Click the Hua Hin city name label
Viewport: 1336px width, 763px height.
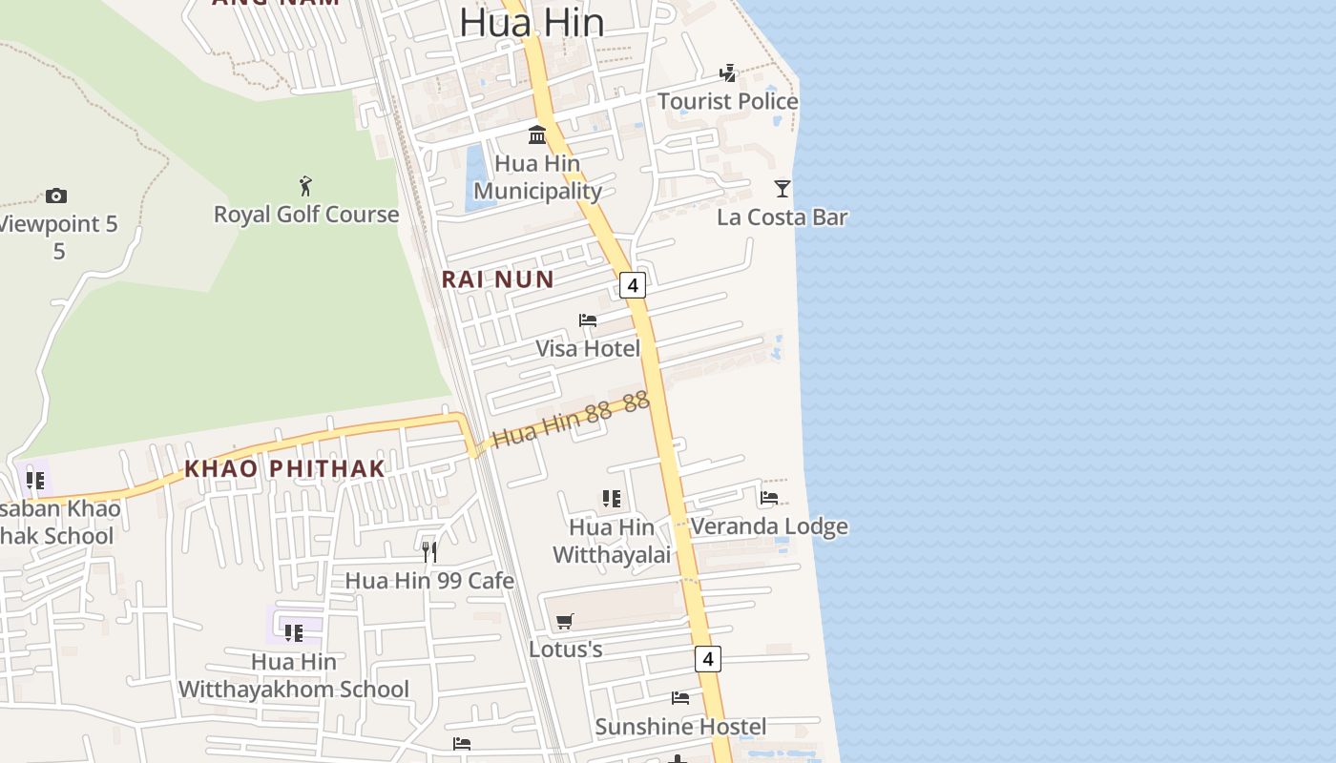pos(531,23)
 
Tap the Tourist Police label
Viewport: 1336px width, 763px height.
pos(727,101)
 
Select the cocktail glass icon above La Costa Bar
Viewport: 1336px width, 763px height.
pos(783,189)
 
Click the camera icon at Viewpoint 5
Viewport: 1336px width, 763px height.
pos(56,196)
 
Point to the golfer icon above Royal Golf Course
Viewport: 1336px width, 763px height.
pos(305,185)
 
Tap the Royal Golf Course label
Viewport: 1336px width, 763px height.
pos(305,214)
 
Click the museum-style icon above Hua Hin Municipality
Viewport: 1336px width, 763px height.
pos(537,134)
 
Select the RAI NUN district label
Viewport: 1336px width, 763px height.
pos(497,279)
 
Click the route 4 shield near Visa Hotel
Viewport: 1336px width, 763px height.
pos(632,284)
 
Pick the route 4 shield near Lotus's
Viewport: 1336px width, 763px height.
pos(707,658)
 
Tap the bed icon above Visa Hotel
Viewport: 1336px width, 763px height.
pos(588,320)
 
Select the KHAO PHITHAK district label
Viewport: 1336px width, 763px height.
pos(284,468)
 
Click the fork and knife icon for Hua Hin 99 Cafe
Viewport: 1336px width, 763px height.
pos(429,552)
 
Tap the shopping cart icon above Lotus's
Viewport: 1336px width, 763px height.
pos(565,622)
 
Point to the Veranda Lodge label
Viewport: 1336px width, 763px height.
pos(768,526)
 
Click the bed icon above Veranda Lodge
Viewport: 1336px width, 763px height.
pos(769,498)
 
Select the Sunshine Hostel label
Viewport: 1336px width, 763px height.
pos(680,727)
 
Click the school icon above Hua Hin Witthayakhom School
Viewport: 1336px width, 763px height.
pos(294,632)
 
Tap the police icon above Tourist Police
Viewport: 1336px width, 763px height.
pos(727,72)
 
